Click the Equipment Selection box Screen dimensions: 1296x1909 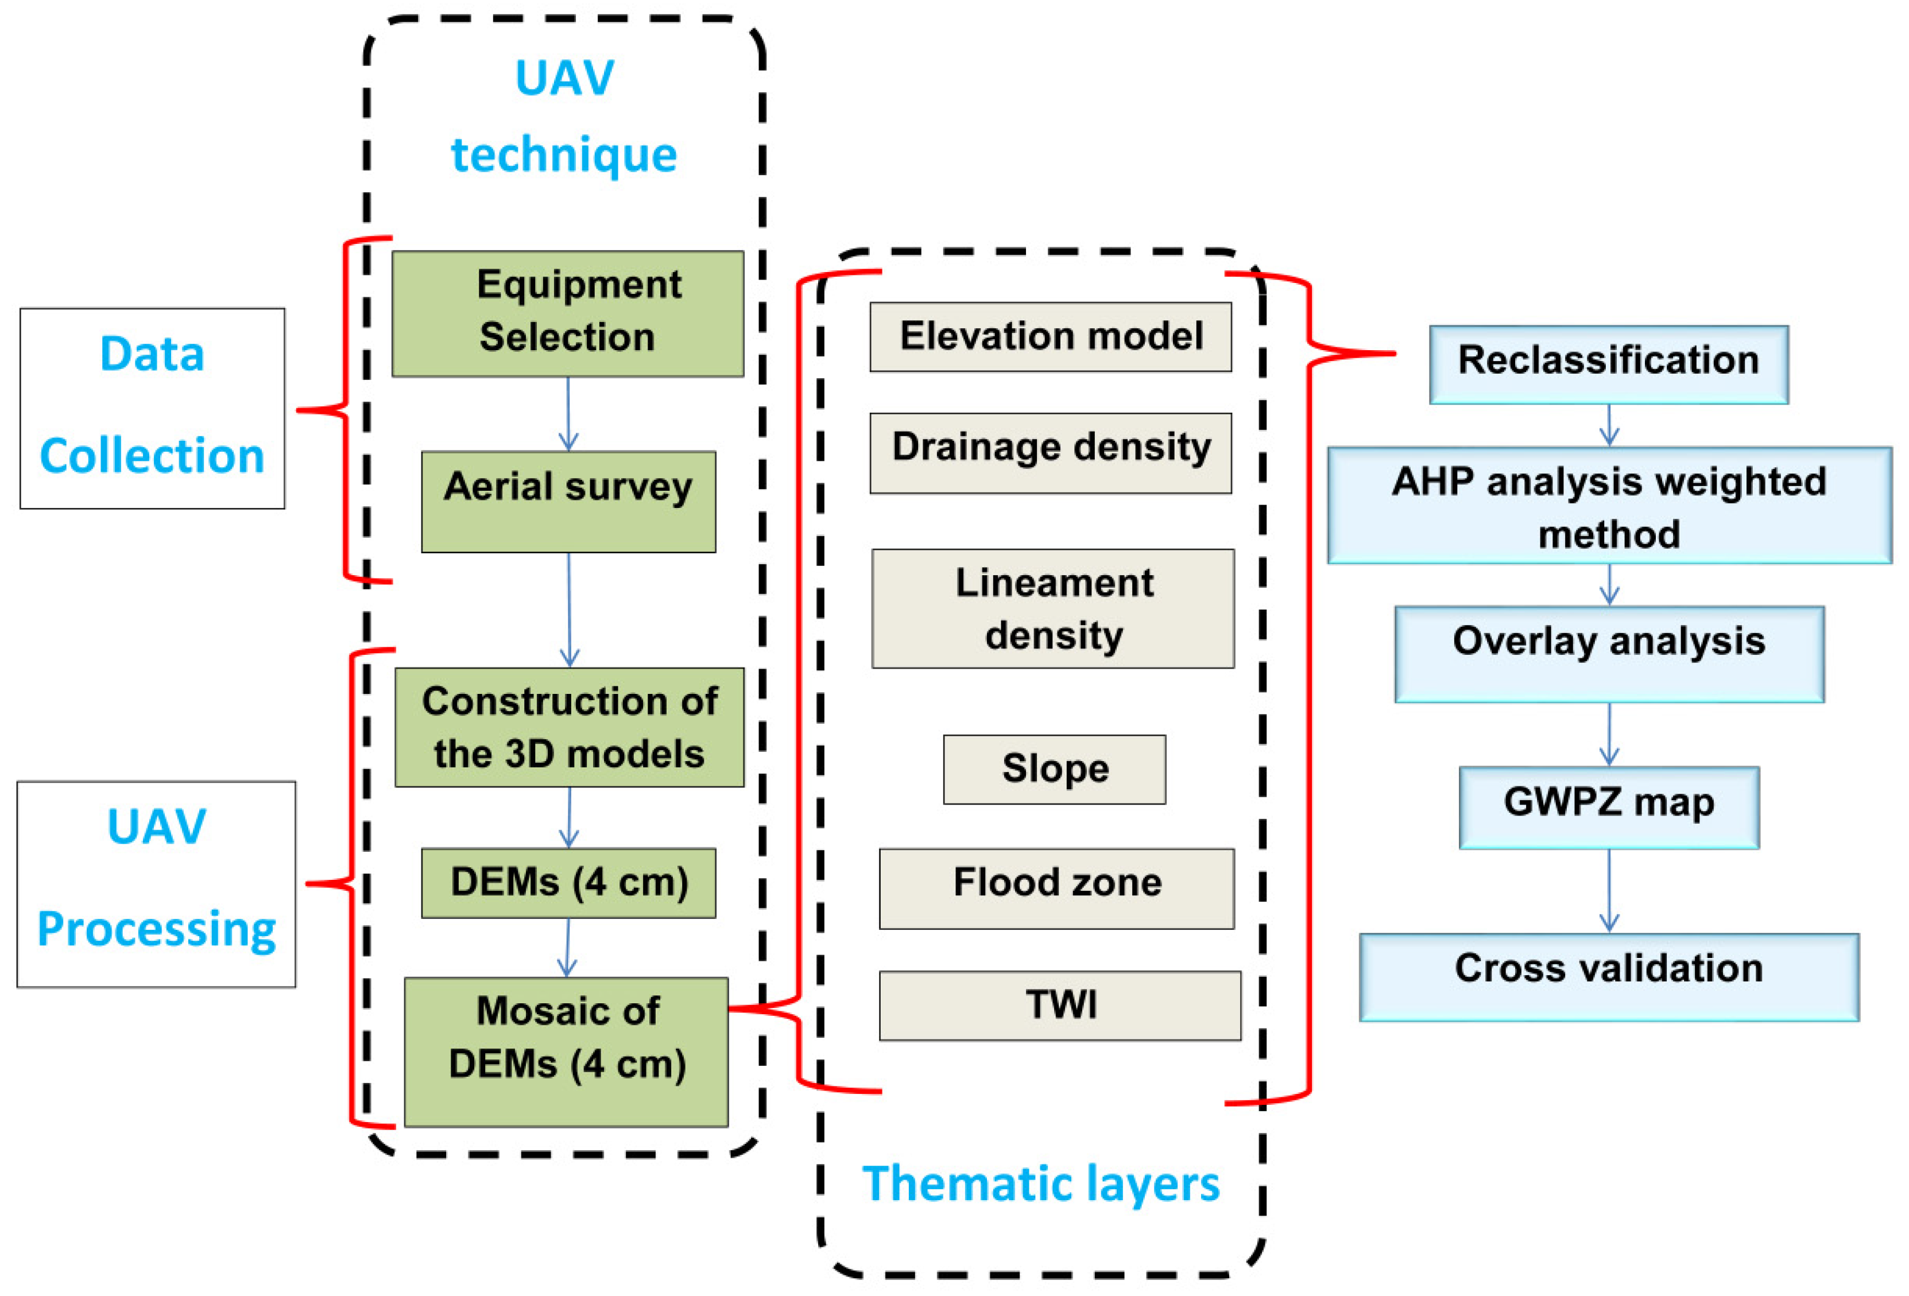568,314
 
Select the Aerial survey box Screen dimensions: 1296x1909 568,502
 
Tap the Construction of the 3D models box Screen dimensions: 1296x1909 569,727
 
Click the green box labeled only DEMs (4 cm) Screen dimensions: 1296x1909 568,883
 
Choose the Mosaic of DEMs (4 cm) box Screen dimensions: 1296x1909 566,1051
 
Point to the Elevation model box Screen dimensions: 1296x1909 1051,337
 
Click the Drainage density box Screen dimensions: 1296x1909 1051,453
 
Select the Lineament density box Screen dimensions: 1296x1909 1053,608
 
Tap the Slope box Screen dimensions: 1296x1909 1054,770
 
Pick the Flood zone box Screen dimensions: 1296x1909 1056,888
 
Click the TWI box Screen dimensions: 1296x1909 1060,1006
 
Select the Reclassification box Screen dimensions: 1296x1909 1608,364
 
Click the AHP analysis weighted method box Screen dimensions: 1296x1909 1608,506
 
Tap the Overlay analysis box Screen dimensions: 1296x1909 1608,654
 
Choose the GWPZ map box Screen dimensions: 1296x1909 1608,808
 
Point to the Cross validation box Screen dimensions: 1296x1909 1608,977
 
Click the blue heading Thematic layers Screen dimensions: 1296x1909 1041,1184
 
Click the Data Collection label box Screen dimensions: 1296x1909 153,408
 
